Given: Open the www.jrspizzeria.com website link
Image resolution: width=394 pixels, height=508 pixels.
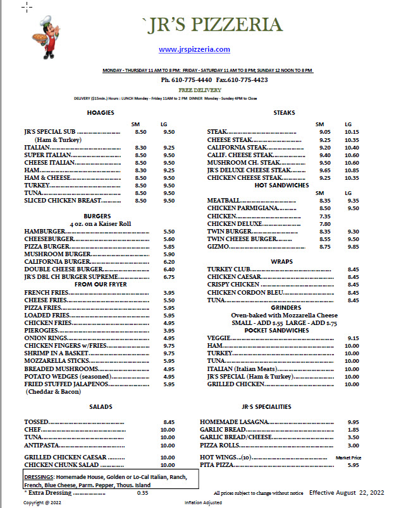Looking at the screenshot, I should [x=194, y=49].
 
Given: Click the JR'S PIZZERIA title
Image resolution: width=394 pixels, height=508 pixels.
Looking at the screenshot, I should [x=212, y=25].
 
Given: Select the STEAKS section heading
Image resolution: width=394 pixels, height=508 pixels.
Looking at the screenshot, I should [x=284, y=113].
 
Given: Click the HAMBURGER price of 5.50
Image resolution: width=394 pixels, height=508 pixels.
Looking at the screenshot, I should [x=168, y=232].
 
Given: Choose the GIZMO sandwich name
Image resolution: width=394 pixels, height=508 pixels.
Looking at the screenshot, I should [x=219, y=247].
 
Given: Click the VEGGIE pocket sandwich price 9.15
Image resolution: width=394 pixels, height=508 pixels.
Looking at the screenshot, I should [x=353, y=338].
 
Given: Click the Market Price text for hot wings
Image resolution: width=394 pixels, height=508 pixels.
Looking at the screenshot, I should [x=348, y=457].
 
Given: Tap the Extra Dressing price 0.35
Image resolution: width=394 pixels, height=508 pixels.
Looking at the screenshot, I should [x=142, y=492].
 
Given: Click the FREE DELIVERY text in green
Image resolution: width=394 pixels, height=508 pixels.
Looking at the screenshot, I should [x=195, y=90].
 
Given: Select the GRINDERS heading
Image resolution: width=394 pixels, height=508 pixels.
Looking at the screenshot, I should [x=284, y=307].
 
